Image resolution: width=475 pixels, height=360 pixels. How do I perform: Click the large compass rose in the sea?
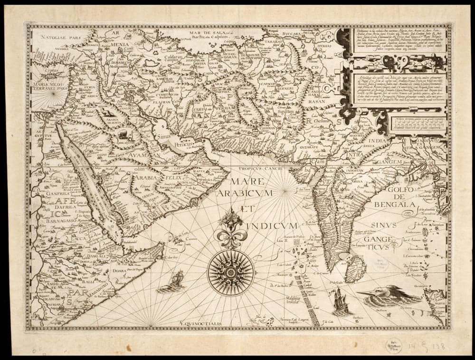[231, 273]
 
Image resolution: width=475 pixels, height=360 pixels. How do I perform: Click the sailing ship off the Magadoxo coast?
[174, 281]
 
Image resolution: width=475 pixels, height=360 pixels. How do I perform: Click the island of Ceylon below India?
[355, 268]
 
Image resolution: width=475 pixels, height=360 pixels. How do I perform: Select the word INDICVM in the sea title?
[275, 225]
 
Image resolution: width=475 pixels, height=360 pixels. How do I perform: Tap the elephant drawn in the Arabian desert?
[123, 135]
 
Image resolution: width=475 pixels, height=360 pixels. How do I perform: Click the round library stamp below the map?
[392, 346]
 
